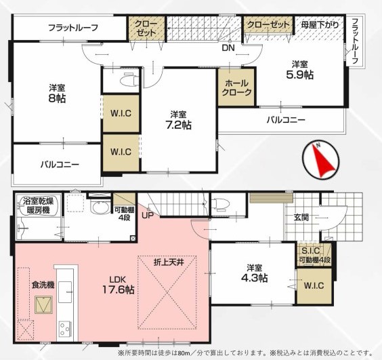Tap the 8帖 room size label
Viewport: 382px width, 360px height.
tap(57, 98)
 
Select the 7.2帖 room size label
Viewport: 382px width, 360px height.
tap(178, 125)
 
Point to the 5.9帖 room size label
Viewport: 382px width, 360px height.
tap(300, 75)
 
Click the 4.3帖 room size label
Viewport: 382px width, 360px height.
tap(254, 278)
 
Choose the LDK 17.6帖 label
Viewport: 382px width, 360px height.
tap(118, 285)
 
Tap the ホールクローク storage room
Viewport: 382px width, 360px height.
tap(236, 87)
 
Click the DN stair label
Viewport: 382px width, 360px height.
tap(228, 47)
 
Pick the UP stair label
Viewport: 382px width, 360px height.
tap(148, 216)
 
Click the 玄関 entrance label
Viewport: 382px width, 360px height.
tap(301, 217)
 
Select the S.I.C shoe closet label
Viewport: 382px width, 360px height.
tap(311, 250)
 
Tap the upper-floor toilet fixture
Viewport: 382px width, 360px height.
tap(129, 79)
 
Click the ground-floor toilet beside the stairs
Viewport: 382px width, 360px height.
tap(221, 204)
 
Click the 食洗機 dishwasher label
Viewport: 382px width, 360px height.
tap(43, 285)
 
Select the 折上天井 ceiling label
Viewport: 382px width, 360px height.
tap(169, 262)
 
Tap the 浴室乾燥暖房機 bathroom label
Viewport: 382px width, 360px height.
tap(39, 206)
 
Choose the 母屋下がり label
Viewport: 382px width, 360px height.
tap(320, 25)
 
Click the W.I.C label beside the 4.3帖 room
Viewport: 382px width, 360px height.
tap(314, 285)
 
